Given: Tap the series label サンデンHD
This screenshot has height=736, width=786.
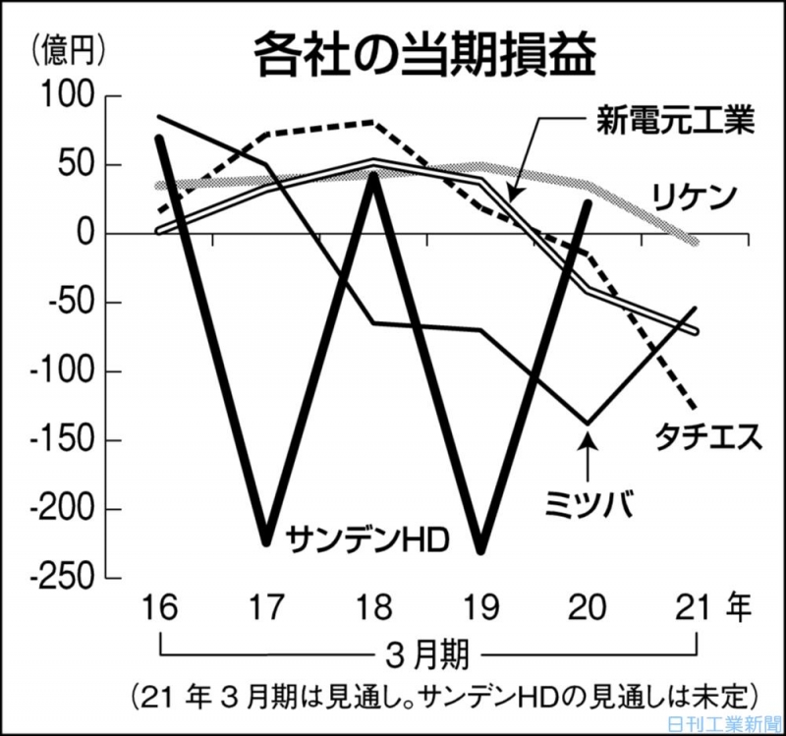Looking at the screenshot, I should (367, 538).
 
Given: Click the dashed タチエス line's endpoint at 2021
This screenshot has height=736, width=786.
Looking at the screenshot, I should (695, 406).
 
